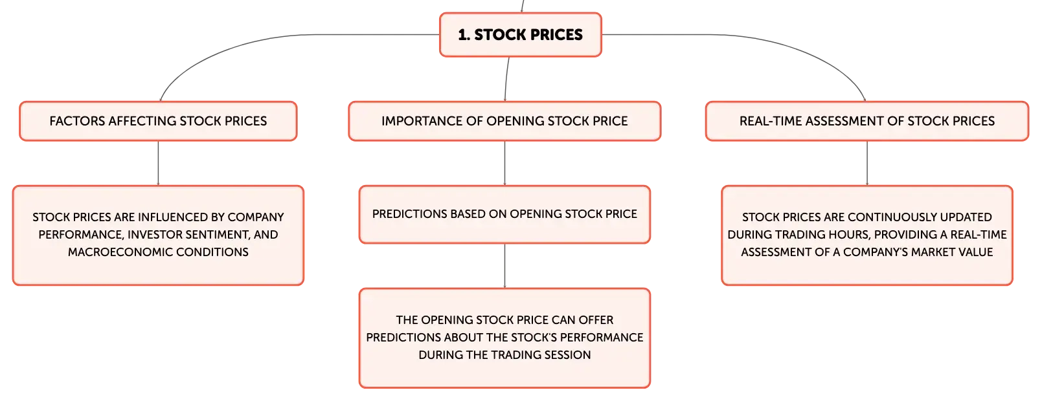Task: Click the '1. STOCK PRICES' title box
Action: (521, 35)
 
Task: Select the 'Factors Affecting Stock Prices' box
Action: (158, 122)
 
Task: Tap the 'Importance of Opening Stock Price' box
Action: (504, 122)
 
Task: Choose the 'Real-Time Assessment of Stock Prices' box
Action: (867, 122)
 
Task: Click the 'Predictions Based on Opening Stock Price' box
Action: (504, 214)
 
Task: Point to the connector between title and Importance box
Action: (506, 79)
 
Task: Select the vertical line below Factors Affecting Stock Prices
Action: (158, 163)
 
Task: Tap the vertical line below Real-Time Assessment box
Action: (867, 163)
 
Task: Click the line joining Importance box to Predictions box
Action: (504, 163)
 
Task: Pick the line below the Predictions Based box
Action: (504, 266)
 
